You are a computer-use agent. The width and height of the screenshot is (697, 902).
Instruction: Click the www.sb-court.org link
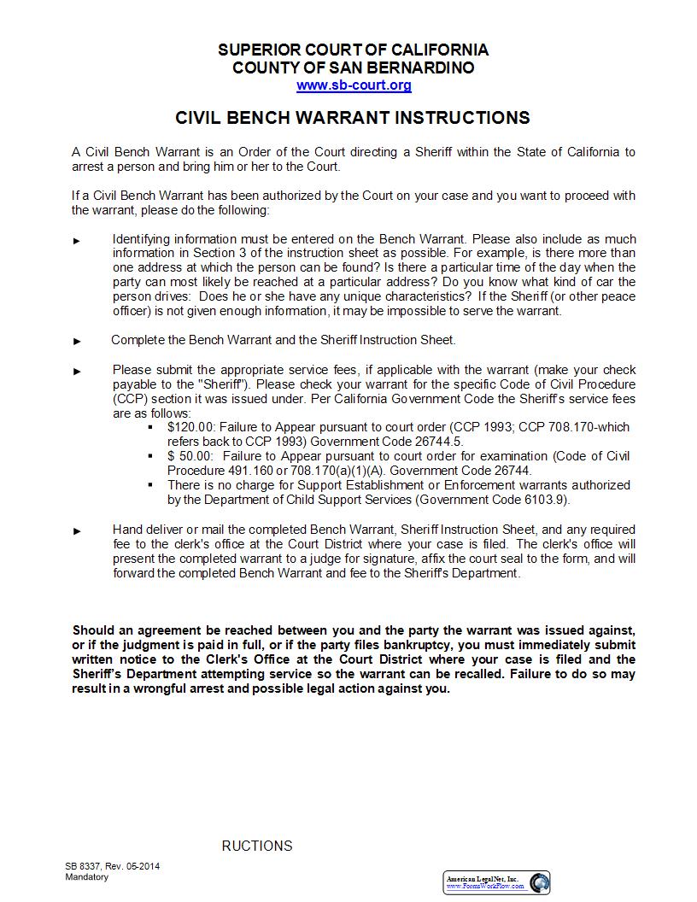pos(354,85)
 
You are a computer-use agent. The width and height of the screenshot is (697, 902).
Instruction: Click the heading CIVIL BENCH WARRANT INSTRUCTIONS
pos(353,118)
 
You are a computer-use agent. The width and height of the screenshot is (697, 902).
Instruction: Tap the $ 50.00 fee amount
pos(186,456)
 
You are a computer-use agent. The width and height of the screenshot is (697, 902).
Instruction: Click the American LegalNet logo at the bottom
pos(497,882)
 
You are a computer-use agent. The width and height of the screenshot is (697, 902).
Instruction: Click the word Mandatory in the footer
pos(87,877)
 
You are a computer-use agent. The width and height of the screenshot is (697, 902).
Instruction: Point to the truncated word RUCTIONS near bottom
pos(257,846)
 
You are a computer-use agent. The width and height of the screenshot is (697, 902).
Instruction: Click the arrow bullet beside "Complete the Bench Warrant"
pos(78,341)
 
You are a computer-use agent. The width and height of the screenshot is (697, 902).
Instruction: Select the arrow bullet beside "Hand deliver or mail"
pos(78,530)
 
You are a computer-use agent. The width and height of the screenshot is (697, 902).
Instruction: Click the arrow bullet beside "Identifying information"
pos(78,241)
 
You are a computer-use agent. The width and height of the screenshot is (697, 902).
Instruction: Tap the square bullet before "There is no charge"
pos(150,485)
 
